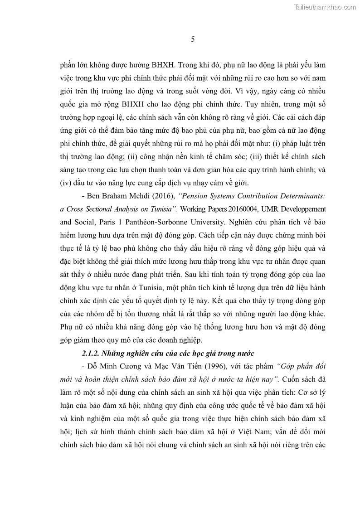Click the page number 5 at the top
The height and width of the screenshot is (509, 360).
coord(193,39)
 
